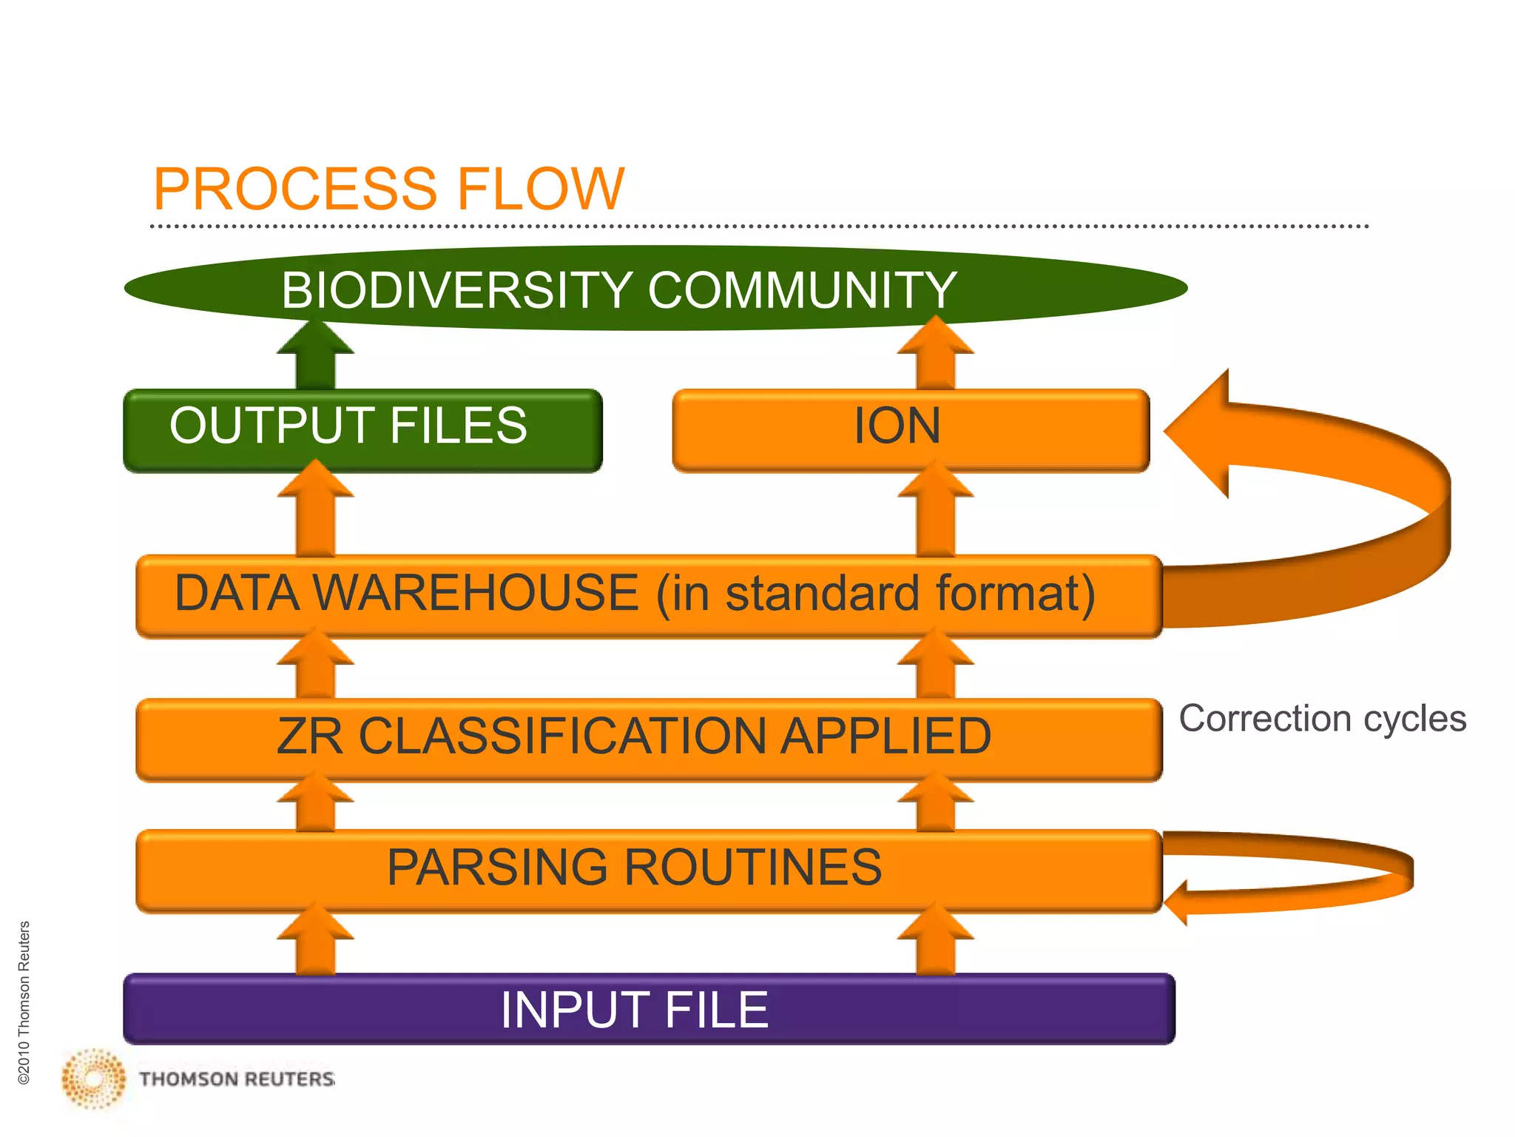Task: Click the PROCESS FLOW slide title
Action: click(388, 189)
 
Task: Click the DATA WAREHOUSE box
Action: click(648, 596)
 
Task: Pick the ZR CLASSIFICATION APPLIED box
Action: click(648, 739)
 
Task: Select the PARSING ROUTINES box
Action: click(648, 870)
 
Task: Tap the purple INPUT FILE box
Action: click(648, 1009)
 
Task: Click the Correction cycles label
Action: click(1322, 719)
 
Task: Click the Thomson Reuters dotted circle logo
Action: click(94, 1079)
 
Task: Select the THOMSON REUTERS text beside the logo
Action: click(237, 1079)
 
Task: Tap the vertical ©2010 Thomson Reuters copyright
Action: click(24, 1003)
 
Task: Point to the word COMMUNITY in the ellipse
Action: click(802, 289)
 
